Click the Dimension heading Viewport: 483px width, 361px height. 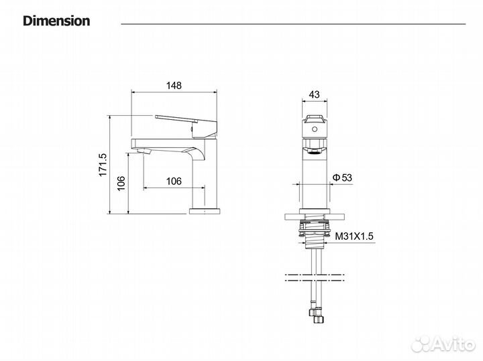click(56, 21)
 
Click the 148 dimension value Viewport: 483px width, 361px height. click(174, 85)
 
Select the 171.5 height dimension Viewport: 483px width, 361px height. click(103, 165)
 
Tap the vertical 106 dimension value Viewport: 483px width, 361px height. click(121, 183)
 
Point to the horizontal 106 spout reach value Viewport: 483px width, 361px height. click(174, 181)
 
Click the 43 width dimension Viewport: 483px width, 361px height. click(314, 94)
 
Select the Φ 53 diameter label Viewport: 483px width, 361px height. click(342, 177)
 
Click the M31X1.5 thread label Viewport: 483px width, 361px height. click(354, 236)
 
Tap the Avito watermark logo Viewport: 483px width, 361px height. click(443, 344)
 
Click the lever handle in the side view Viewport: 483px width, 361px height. click(186, 126)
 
